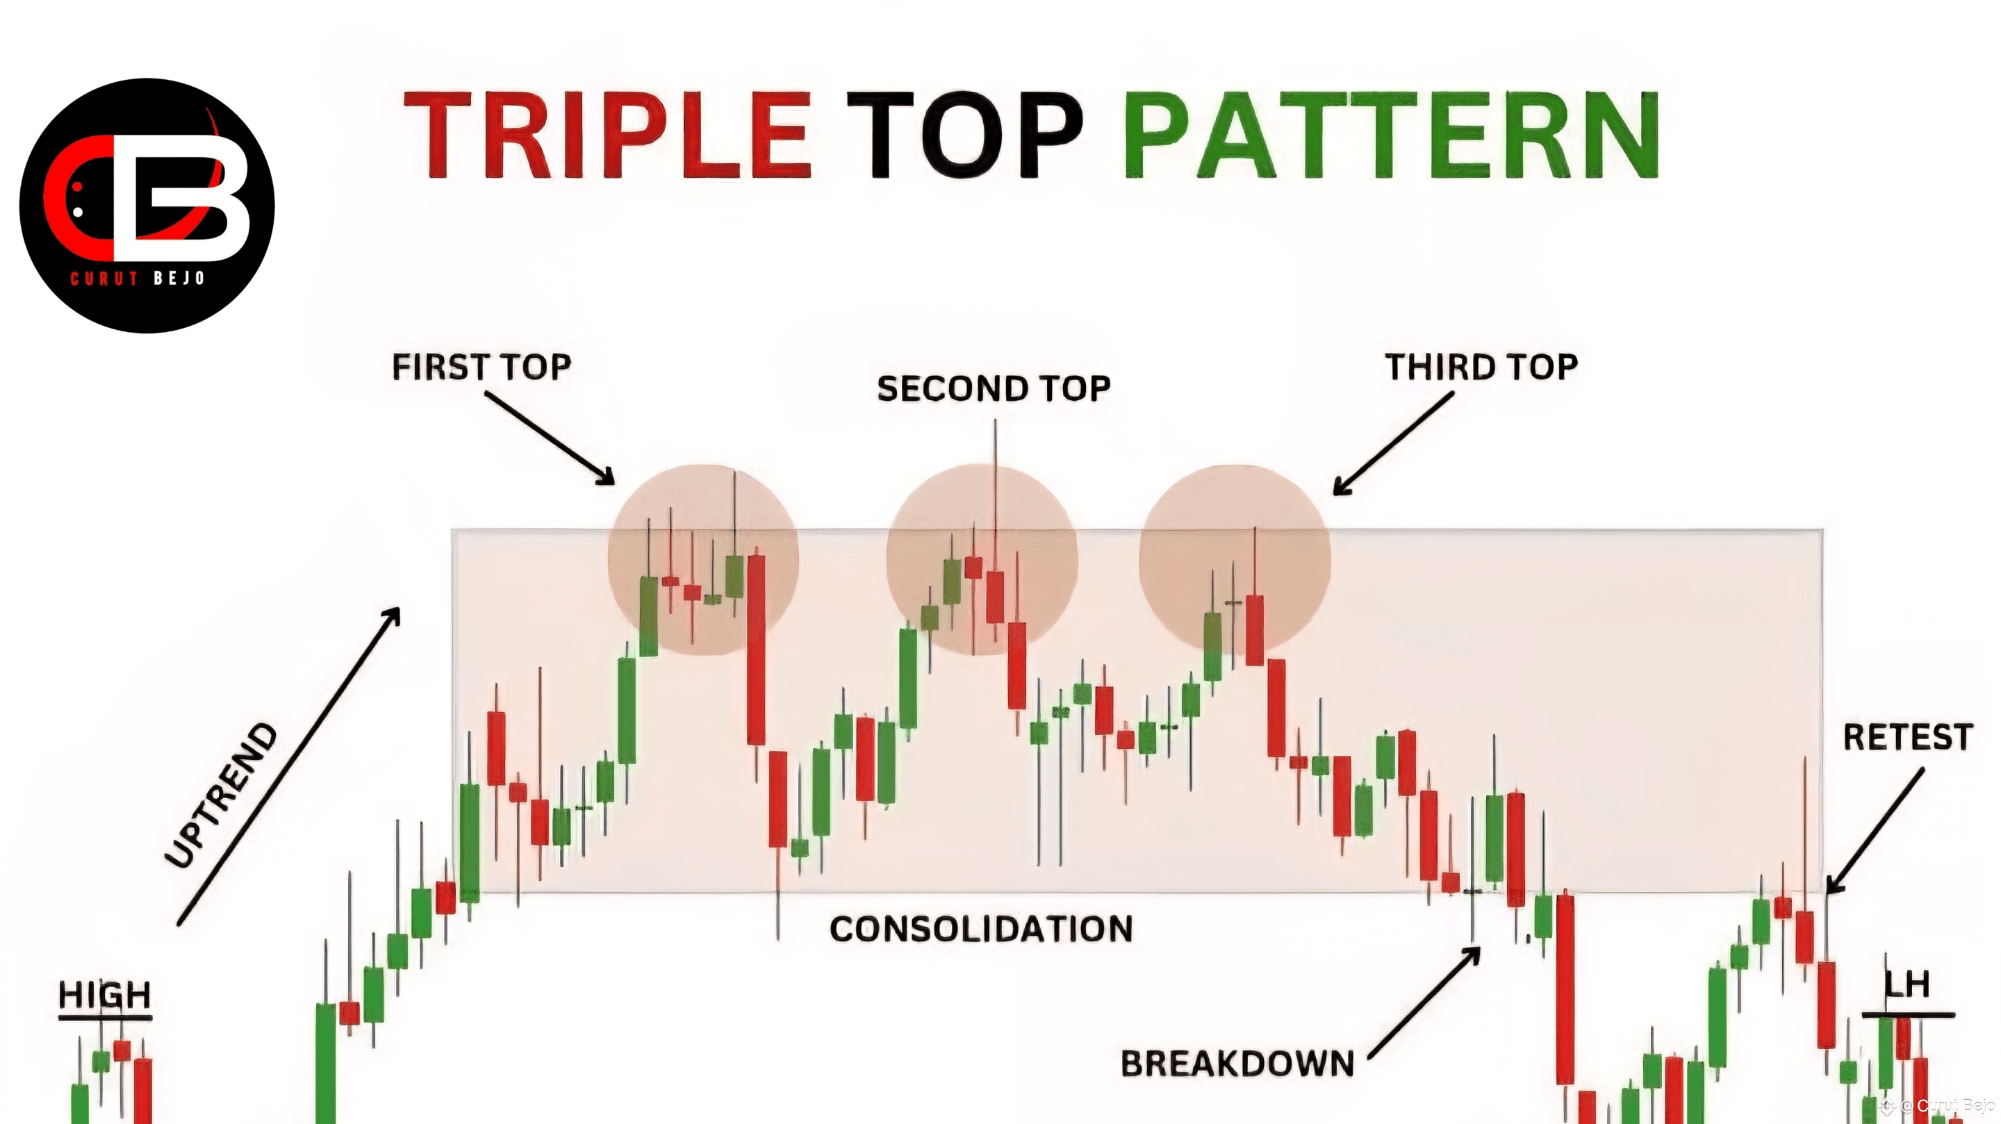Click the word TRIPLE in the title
[x=608, y=134]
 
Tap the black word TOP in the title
[x=964, y=134]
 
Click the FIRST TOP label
[x=481, y=367]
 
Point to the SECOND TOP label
[x=994, y=388]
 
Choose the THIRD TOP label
[x=1481, y=367]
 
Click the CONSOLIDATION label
[x=981, y=929]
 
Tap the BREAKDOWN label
[x=1237, y=1064]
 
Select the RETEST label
[x=1908, y=737]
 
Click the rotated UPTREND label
[x=222, y=795]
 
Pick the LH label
[x=1908, y=985]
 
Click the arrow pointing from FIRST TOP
[x=549, y=438]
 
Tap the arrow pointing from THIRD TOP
[x=1393, y=443]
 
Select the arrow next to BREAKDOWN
[x=1424, y=1002]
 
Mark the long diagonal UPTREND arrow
[x=289, y=766]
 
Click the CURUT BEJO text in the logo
[x=138, y=278]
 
